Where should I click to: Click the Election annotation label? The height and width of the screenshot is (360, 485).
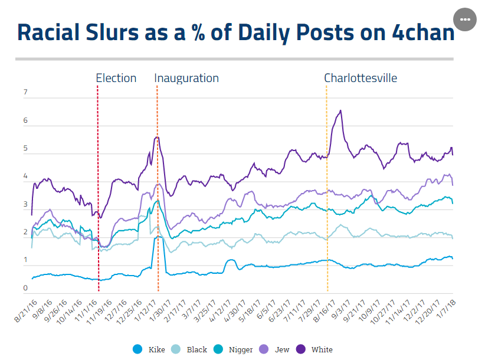(x=116, y=78)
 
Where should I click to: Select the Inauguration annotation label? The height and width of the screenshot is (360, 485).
(x=186, y=78)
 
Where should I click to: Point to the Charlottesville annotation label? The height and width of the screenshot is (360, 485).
(x=361, y=78)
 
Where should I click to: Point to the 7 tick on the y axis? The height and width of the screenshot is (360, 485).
(x=25, y=93)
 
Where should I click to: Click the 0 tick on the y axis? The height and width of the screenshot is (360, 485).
(x=25, y=288)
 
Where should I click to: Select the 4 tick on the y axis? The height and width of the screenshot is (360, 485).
(x=25, y=176)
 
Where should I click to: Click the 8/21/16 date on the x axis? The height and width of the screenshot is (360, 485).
(x=26, y=308)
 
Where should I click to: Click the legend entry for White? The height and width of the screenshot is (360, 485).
(x=316, y=349)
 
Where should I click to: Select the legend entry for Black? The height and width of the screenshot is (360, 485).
(x=191, y=349)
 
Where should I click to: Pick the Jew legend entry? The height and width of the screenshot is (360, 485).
(x=276, y=349)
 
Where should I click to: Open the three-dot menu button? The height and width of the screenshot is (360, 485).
(x=464, y=19)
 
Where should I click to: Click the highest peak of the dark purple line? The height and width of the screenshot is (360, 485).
(x=340, y=110)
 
